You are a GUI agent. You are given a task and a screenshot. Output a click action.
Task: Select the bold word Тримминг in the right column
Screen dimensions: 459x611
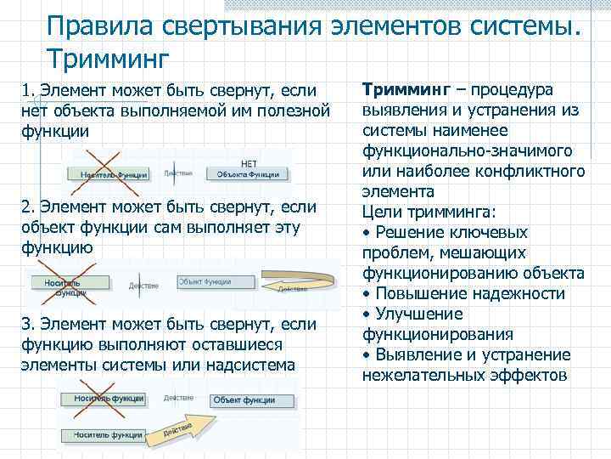[x=402, y=89]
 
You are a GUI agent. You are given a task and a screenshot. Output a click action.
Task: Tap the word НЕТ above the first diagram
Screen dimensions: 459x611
[x=249, y=162]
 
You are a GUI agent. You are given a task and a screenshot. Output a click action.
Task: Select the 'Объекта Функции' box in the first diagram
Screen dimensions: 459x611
[x=248, y=174]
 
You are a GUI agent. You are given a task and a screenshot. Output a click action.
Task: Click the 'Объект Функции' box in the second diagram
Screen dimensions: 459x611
[x=205, y=280]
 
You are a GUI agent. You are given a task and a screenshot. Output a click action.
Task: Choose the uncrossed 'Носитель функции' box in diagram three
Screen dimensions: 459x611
[x=104, y=434]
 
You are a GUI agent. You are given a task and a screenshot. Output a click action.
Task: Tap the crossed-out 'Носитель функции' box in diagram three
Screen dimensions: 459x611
[x=103, y=399]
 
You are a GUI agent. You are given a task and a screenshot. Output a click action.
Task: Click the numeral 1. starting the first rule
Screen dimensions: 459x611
[x=25, y=90]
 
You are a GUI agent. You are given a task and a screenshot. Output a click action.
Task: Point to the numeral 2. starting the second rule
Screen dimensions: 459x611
[x=25, y=207]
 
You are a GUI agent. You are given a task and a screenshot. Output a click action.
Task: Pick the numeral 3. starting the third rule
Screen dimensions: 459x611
[x=25, y=324]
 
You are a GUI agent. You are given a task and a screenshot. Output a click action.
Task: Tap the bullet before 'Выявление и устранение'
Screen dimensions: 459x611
[x=367, y=354]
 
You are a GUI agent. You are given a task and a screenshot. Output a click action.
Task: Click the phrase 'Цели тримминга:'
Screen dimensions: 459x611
[x=415, y=212]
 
